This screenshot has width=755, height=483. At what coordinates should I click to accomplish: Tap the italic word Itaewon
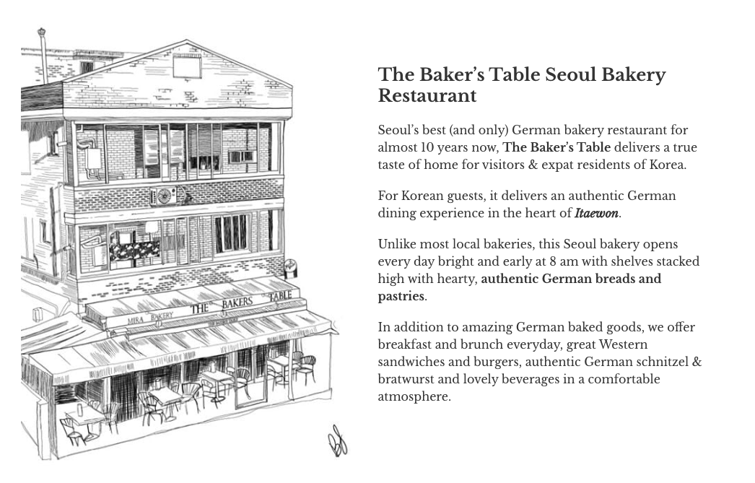click(x=596, y=213)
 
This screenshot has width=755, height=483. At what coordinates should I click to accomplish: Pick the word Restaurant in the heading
click(x=427, y=96)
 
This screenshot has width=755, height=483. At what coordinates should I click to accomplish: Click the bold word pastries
click(x=401, y=296)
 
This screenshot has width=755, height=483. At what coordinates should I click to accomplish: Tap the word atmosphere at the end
click(x=413, y=396)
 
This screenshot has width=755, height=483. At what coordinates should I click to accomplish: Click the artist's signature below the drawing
click(x=337, y=440)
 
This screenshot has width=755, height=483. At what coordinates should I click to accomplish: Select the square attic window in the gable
click(x=186, y=67)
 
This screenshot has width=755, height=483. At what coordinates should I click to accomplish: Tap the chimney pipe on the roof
click(x=43, y=54)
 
